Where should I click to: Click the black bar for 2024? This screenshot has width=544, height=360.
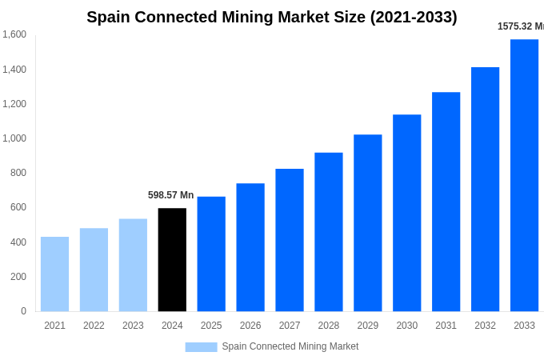pos(172,260)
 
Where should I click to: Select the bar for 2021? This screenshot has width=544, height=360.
pos(54,274)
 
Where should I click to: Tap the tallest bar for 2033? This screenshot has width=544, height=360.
pos(524,176)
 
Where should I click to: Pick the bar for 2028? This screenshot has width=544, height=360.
pos(329,232)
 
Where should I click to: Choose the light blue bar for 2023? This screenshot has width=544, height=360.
pos(133,265)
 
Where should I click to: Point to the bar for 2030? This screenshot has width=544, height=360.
pos(406,213)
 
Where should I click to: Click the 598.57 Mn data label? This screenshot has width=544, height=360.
pos(170,195)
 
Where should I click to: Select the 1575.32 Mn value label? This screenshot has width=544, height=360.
pos(520,26)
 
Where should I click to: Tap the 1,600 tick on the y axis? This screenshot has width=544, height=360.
pos(14,34)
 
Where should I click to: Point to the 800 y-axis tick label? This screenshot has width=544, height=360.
pos(18,173)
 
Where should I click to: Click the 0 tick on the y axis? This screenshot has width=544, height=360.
pos(23,311)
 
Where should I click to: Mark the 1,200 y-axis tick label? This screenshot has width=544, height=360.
pos(14,104)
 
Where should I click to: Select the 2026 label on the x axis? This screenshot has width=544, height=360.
pos(250,326)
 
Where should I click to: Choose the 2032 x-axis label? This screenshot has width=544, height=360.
pos(485,326)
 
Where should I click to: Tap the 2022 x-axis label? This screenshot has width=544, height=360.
pos(94,326)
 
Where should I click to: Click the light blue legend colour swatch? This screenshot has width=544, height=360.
pos(201,347)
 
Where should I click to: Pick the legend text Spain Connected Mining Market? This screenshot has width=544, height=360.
pos(290,346)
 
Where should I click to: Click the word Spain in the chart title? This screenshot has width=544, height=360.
pos(110,17)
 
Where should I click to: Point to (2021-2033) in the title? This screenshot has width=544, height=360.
pos(414,17)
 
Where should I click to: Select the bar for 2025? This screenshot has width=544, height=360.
pos(211,254)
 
